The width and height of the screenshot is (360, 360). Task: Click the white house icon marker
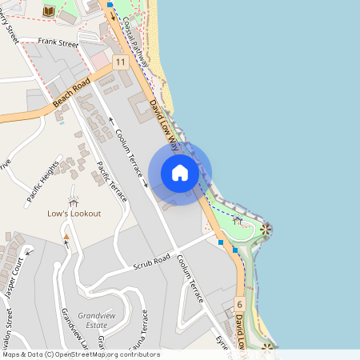pyautogui.click(x=180, y=173)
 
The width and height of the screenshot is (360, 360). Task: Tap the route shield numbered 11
pyautogui.click(x=120, y=62)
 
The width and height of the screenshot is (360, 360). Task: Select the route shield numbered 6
pyautogui.click(x=239, y=304)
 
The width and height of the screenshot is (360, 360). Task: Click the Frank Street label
pyautogui.click(x=60, y=44)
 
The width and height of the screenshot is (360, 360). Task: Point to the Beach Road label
pyautogui.click(x=71, y=94)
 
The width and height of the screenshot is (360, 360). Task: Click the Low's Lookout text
pyautogui.click(x=74, y=214)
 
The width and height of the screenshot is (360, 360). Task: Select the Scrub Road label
pyautogui.click(x=151, y=261)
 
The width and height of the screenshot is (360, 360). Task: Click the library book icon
pyautogui.click(x=49, y=10)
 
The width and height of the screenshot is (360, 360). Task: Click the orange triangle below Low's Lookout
pyautogui.click(x=66, y=238)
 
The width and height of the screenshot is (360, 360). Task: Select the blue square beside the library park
pyautogui.click(x=110, y=4)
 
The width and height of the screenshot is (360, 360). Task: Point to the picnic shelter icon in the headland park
pyautogui.click(x=238, y=218)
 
